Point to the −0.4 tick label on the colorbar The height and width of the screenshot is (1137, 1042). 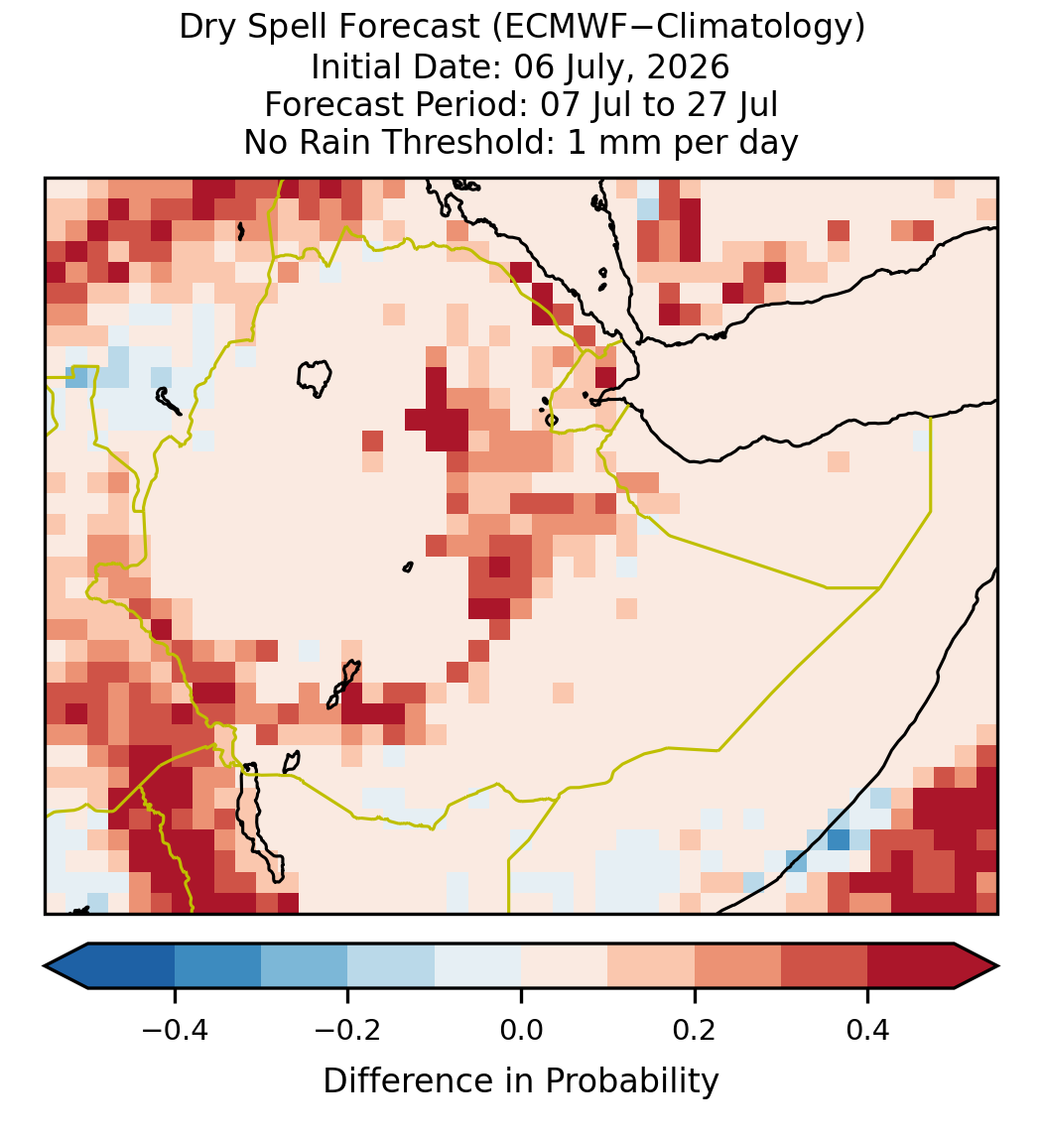[x=175, y=1029]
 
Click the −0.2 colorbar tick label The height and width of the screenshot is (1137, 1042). [x=348, y=1029]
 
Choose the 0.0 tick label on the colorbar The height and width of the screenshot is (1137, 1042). [x=521, y=1029]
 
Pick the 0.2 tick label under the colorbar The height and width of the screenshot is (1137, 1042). [x=695, y=1029]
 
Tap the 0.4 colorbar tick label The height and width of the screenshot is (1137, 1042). [x=868, y=1029]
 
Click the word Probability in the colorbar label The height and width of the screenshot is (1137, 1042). [x=631, y=1081]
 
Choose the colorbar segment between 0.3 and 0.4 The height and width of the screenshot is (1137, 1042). [x=825, y=966]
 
